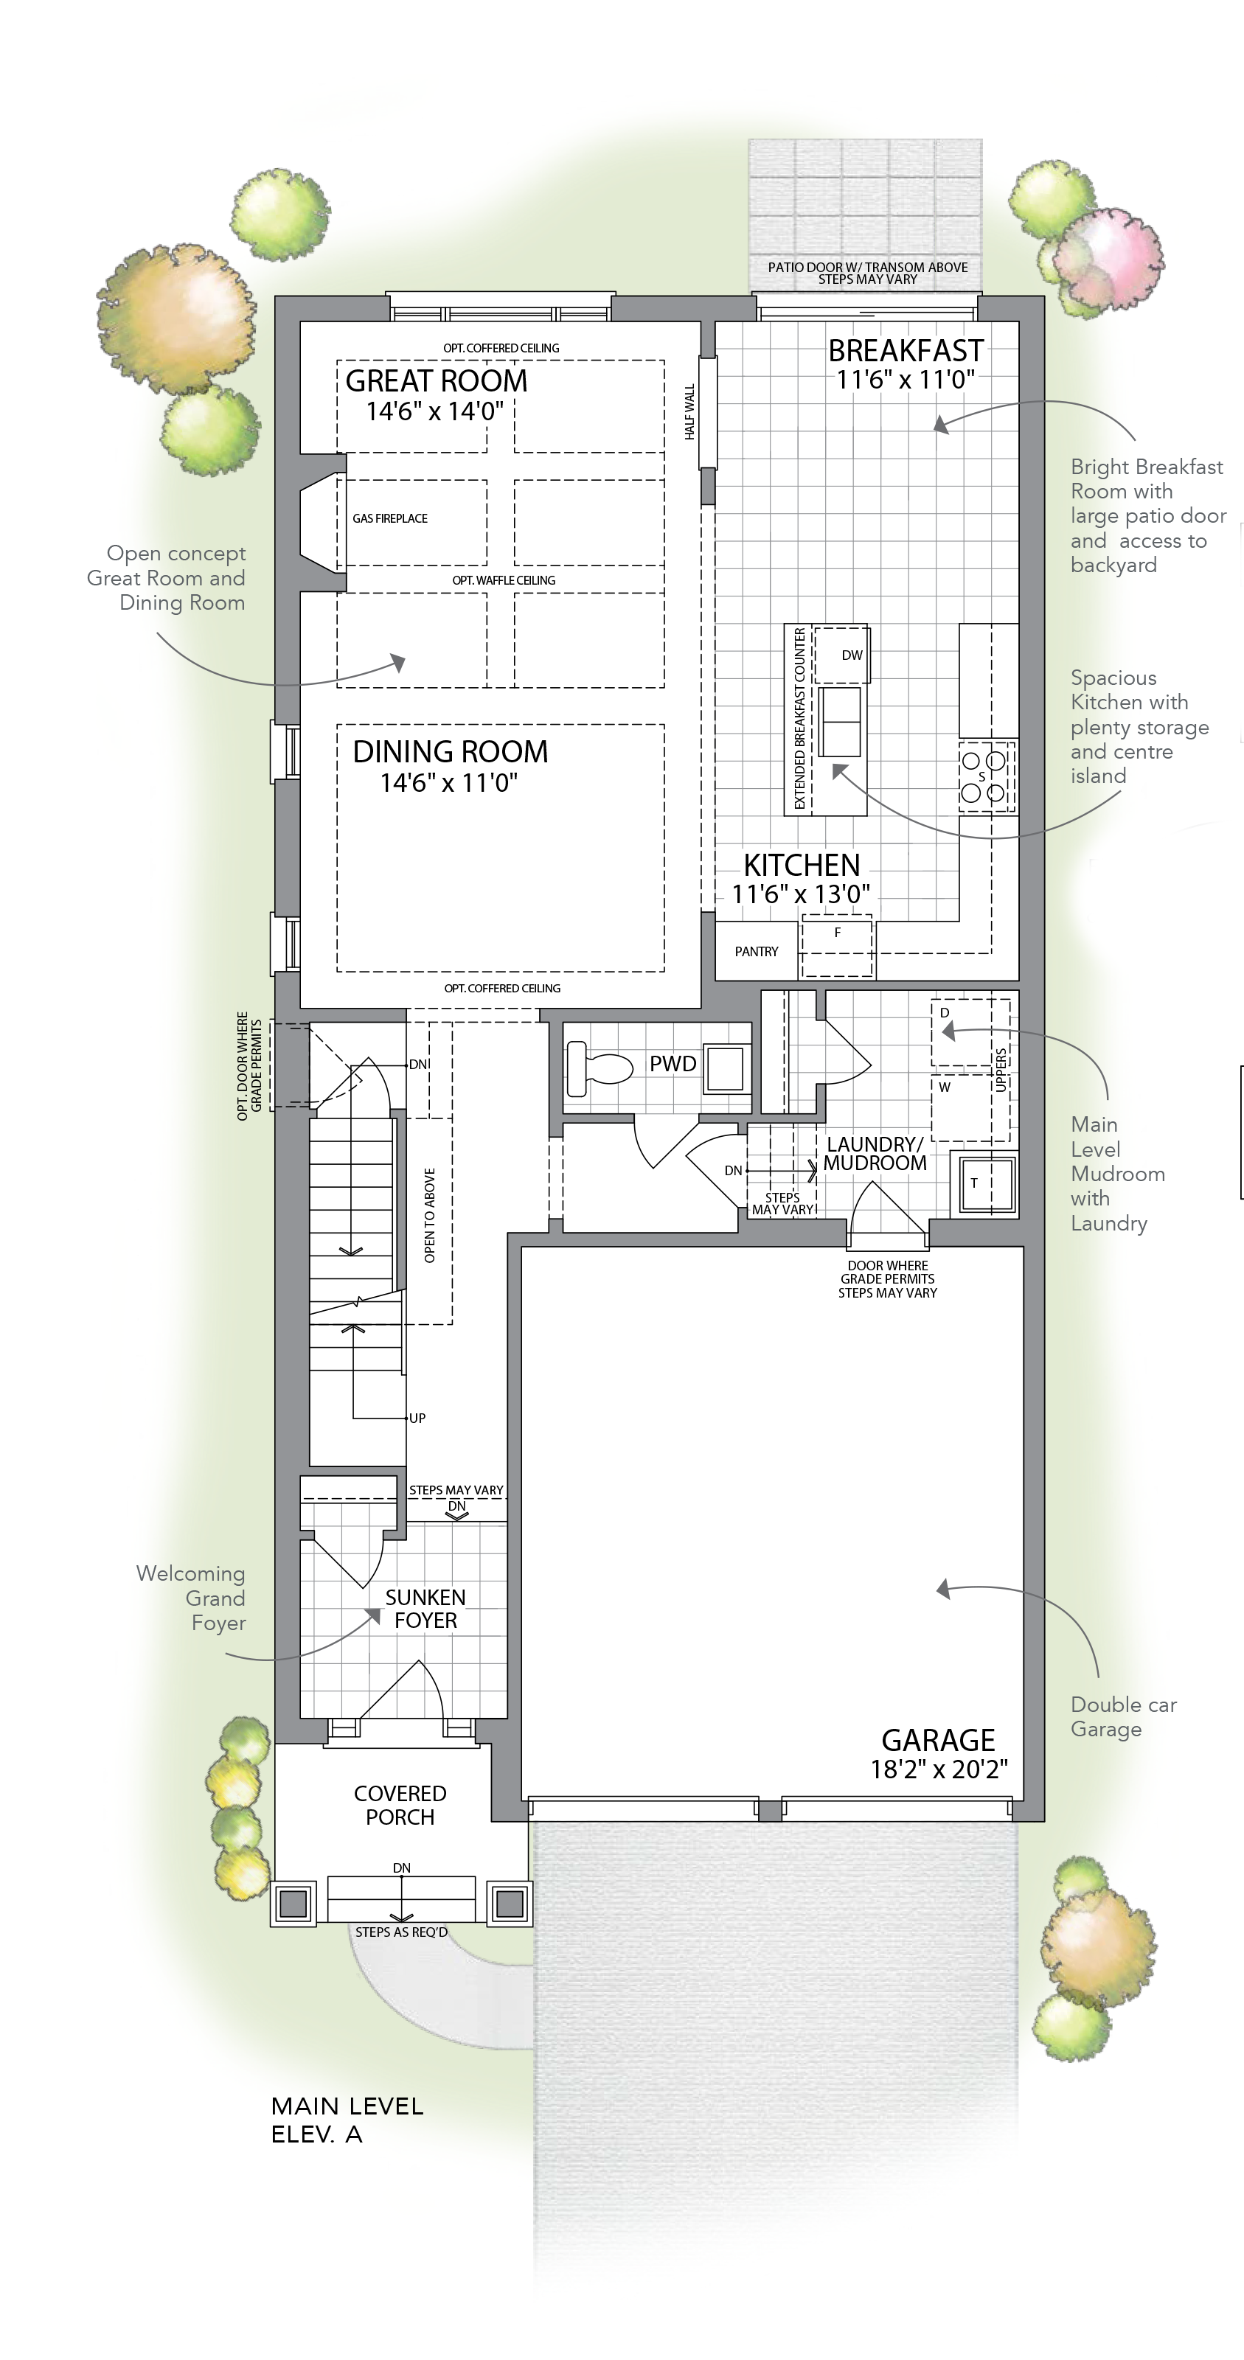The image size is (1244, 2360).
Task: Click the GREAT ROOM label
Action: pos(436,380)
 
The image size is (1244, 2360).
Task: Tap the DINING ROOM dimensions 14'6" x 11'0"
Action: pos(449,782)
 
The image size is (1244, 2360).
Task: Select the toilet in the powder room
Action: pos(600,1068)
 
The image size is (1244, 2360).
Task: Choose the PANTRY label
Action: pos(757,952)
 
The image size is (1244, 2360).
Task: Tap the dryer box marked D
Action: pos(962,1031)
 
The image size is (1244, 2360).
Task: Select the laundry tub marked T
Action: pos(984,1183)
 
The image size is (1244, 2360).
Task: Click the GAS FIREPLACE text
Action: pos(390,518)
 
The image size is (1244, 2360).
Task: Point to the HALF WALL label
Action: pos(689,411)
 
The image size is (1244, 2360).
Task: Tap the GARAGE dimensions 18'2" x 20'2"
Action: pos(939,1769)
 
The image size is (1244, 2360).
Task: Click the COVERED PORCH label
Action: pos(400,1805)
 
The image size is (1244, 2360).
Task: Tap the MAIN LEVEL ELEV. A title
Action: pos(347,2120)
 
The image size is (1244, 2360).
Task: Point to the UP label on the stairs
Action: pos(417,1419)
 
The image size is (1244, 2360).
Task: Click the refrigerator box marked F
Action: pos(837,947)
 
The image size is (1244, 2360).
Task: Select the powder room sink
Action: pos(725,1069)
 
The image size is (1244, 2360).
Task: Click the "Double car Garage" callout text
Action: pos(1123,1717)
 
